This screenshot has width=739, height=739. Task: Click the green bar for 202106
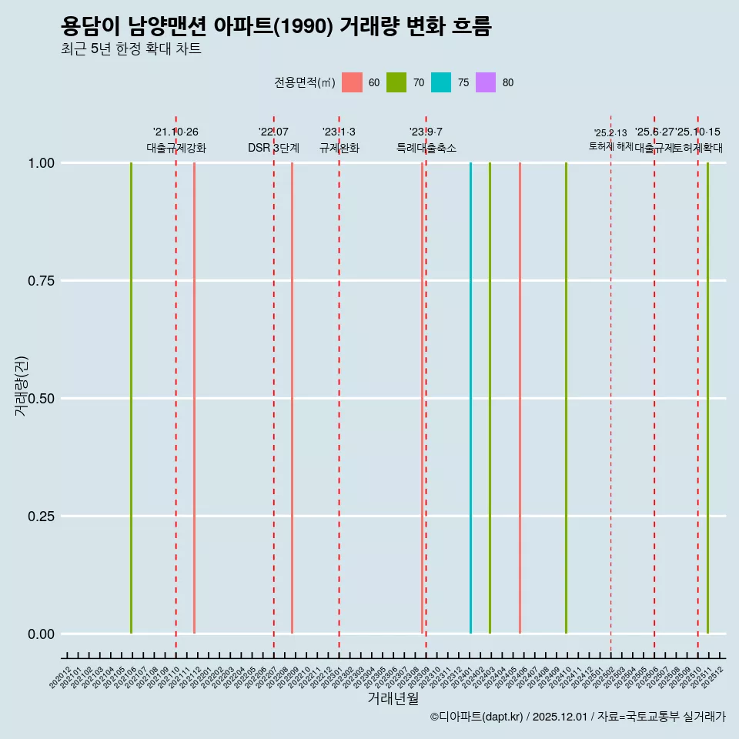[x=132, y=398]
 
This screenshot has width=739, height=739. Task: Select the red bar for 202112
[x=194, y=398]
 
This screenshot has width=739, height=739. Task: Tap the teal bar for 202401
[x=470, y=398]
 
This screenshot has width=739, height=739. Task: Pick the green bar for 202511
[x=707, y=398]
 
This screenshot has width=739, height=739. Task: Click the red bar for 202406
[x=520, y=398]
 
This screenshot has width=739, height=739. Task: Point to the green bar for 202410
[x=566, y=398]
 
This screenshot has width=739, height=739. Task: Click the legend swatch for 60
[x=352, y=82]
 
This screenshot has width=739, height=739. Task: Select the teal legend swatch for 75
[x=441, y=82]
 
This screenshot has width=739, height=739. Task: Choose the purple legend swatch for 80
[x=486, y=82]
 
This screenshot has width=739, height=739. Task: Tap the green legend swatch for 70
[x=396, y=82]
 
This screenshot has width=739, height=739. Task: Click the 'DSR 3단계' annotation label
[x=273, y=148]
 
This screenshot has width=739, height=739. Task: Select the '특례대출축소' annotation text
[x=426, y=148]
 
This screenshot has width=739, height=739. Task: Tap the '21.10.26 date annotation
[x=176, y=132]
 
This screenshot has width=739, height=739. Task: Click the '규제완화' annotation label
[x=339, y=148]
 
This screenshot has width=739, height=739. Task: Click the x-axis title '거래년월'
[x=393, y=698]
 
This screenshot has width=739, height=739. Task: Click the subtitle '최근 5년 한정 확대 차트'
[x=131, y=49]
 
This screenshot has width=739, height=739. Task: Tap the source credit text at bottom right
[x=577, y=717]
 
